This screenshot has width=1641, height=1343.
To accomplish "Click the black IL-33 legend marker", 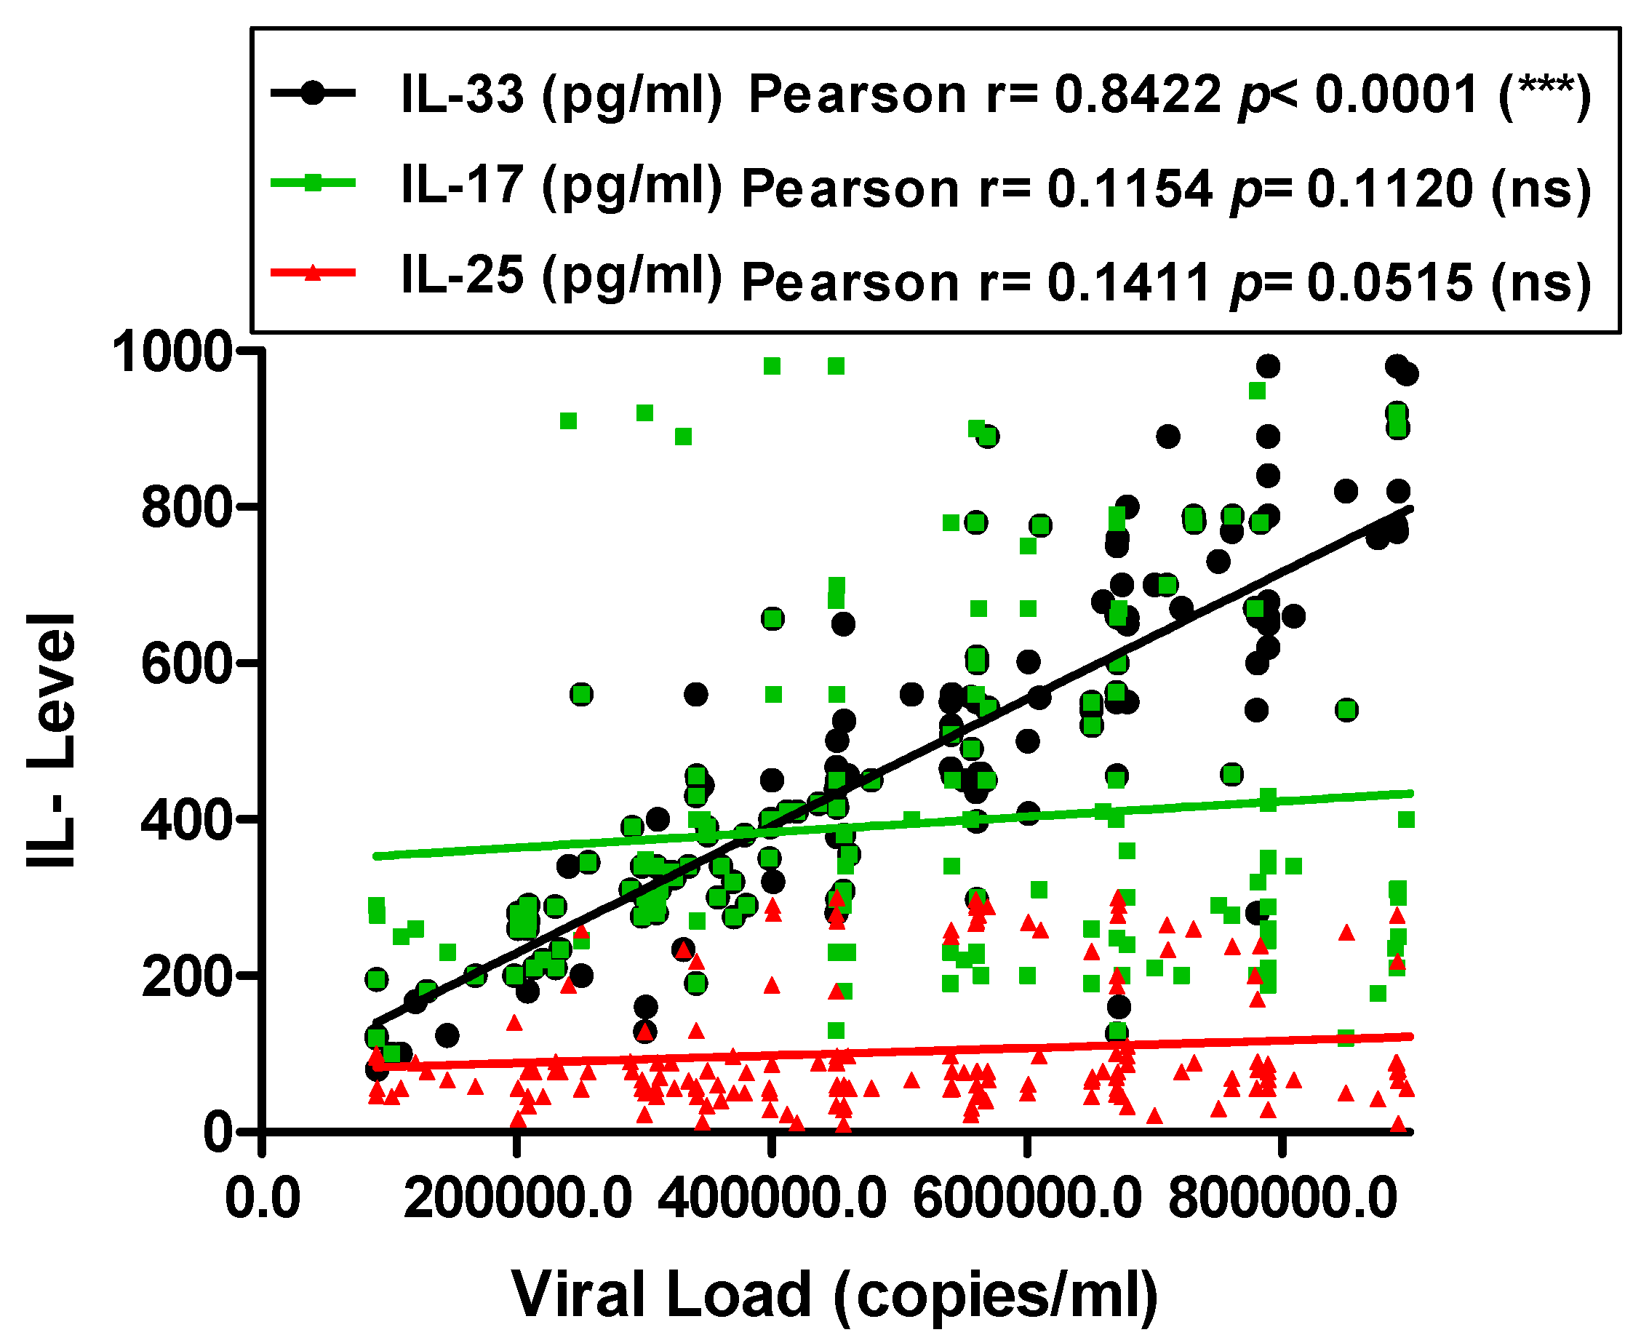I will click(x=313, y=93).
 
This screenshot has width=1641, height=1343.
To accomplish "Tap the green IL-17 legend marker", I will click(x=313, y=183).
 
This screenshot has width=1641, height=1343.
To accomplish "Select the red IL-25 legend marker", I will click(x=313, y=272).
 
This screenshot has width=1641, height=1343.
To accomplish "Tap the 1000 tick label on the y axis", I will click(x=172, y=353).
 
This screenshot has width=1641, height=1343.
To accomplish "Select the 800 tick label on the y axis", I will click(x=186, y=509).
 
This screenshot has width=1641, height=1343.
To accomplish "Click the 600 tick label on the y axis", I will click(x=186, y=664).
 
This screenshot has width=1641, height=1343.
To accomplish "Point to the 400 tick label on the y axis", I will click(x=186, y=820).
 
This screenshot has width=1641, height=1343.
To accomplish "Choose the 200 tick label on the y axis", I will click(x=186, y=976).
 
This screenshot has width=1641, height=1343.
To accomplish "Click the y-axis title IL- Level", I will click(x=52, y=741).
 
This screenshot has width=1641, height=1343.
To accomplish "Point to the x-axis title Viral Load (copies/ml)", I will click(x=834, y=1296).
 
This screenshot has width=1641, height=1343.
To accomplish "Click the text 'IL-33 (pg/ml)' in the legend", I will click(x=561, y=95).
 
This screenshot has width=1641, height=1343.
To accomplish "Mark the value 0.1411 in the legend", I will click(x=1128, y=282).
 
